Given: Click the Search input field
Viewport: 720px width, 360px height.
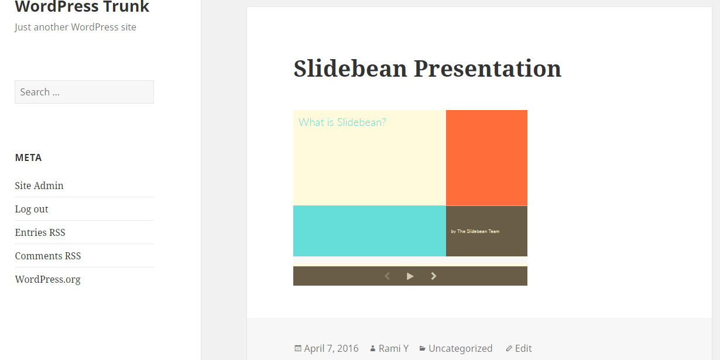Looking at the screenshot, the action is tap(84, 92).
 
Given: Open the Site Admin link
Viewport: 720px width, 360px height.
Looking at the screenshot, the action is tap(39, 186).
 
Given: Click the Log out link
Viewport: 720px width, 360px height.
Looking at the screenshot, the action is tap(32, 209).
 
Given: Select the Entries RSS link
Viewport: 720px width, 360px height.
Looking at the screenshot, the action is tap(40, 232).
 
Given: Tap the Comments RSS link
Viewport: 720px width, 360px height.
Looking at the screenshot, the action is tap(48, 256).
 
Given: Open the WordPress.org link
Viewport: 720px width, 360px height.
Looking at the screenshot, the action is tap(47, 279).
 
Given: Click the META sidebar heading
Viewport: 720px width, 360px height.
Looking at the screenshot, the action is tap(28, 157).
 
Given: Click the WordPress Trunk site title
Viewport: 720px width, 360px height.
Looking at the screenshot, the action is tap(82, 6).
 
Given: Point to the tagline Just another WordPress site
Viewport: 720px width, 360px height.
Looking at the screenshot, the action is tap(75, 27).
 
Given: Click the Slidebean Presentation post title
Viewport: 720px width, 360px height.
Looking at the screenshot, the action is tap(427, 68).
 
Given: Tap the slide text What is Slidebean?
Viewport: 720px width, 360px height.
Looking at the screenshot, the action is tap(342, 122).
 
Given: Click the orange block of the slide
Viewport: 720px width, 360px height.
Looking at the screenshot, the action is tap(486, 158).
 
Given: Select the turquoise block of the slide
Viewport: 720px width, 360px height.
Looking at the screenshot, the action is tap(369, 231).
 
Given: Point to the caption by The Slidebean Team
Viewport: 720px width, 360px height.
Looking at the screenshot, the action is tap(475, 231).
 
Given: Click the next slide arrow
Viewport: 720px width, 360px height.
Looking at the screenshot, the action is tap(434, 276).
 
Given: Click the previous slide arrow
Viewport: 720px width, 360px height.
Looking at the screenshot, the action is tap(388, 276).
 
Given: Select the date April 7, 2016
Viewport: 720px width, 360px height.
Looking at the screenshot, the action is tap(331, 348).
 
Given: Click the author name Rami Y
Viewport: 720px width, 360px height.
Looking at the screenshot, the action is tap(393, 348).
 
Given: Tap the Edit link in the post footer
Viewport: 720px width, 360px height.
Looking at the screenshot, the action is tap(523, 348).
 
